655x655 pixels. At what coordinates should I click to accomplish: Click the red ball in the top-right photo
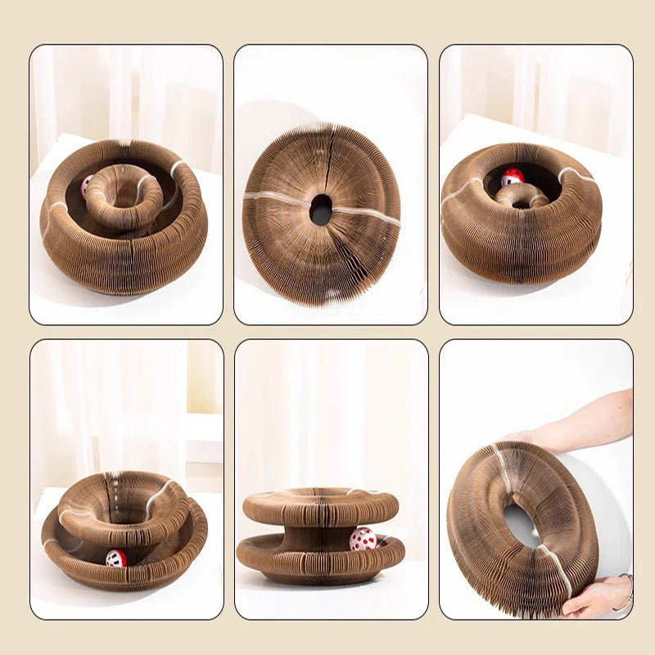[x=513, y=177]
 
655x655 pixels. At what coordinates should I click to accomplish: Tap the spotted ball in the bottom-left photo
[x=116, y=558]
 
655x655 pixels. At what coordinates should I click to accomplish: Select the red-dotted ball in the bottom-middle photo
[x=362, y=539]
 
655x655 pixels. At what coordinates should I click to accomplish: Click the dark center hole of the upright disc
[x=321, y=210]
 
